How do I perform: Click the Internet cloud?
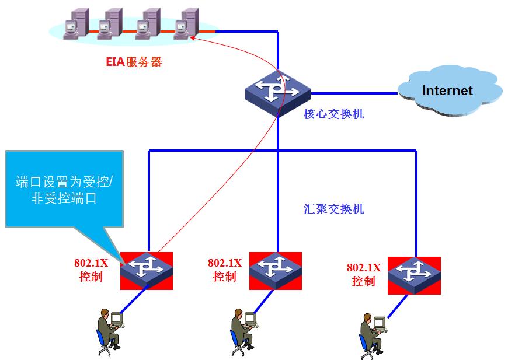click(x=448, y=90)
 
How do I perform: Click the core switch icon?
click(x=278, y=92)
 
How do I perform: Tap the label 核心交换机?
click(x=333, y=114)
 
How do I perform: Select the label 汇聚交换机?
click(x=333, y=209)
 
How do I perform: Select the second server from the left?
click(x=111, y=23)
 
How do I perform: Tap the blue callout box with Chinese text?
click(x=64, y=190)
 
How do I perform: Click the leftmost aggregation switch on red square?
click(x=147, y=271)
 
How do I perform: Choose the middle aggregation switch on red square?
click(x=276, y=271)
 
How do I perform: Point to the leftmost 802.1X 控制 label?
click(x=90, y=270)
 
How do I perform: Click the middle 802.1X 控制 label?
click(x=224, y=270)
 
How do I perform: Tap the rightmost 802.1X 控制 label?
click(x=363, y=274)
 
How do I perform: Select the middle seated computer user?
click(x=243, y=331)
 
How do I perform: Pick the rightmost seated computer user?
click(x=372, y=335)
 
